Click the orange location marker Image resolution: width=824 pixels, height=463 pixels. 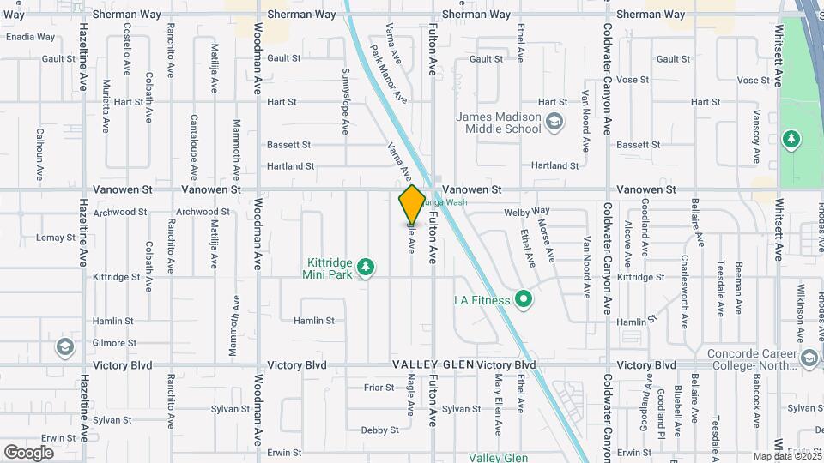412,204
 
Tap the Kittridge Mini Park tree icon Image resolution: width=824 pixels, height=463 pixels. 366,268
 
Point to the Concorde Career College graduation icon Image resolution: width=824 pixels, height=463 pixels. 808,357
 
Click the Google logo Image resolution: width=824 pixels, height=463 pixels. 28,452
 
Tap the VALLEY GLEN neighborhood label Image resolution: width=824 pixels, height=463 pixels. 433,365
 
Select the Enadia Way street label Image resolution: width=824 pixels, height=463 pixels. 30,38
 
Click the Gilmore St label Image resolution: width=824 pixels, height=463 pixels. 114,343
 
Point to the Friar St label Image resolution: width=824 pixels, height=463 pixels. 378,388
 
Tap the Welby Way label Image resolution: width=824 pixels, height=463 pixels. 528,211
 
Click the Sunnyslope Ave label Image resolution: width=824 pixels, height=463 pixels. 346,101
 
